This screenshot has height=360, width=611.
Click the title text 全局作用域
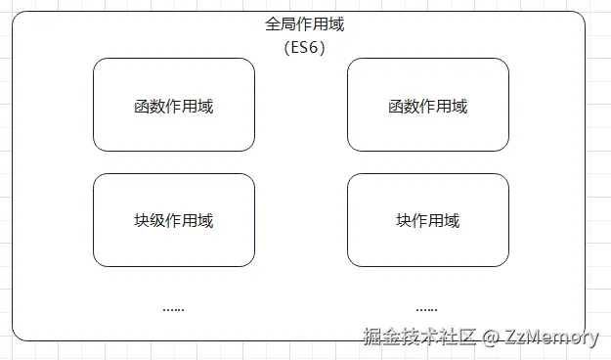pyautogui.click(x=305, y=24)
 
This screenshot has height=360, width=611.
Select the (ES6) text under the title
pyautogui.click(x=305, y=46)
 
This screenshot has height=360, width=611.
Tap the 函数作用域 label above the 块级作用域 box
pyautogui.click(x=174, y=106)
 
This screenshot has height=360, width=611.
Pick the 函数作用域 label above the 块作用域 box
pyautogui.click(x=427, y=106)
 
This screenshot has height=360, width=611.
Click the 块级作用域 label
pyautogui.click(x=174, y=220)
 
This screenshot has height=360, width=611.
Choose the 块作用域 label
pyautogui.click(x=427, y=220)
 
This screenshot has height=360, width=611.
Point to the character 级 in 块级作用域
pyautogui.click(x=157, y=220)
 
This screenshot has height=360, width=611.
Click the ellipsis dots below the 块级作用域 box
pyautogui.click(x=173, y=308)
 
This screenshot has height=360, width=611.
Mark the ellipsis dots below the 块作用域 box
pyautogui.click(x=426, y=308)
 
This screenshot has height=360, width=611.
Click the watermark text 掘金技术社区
pyautogui.click(x=419, y=337)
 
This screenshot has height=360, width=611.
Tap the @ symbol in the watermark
pyautogui.click(x=492, y=337)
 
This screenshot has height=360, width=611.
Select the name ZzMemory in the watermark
pyautogui.click(x=552, y=337)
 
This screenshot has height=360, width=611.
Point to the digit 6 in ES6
pyautogui.click(x=316, y=46)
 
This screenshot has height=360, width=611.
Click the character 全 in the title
pyautogui.click(x=274, y=24)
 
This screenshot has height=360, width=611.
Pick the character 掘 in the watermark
pyautogui.click(x=372, y=337)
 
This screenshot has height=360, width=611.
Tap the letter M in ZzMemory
pyautogui.click(x=536, y=337)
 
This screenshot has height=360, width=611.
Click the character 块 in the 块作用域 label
pyautogui.click(x=404, y=220)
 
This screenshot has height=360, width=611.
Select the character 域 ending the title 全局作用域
pyautogui.click(x=336, y=24)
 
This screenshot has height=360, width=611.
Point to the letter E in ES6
pyautogui.click(x=293, y=46)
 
